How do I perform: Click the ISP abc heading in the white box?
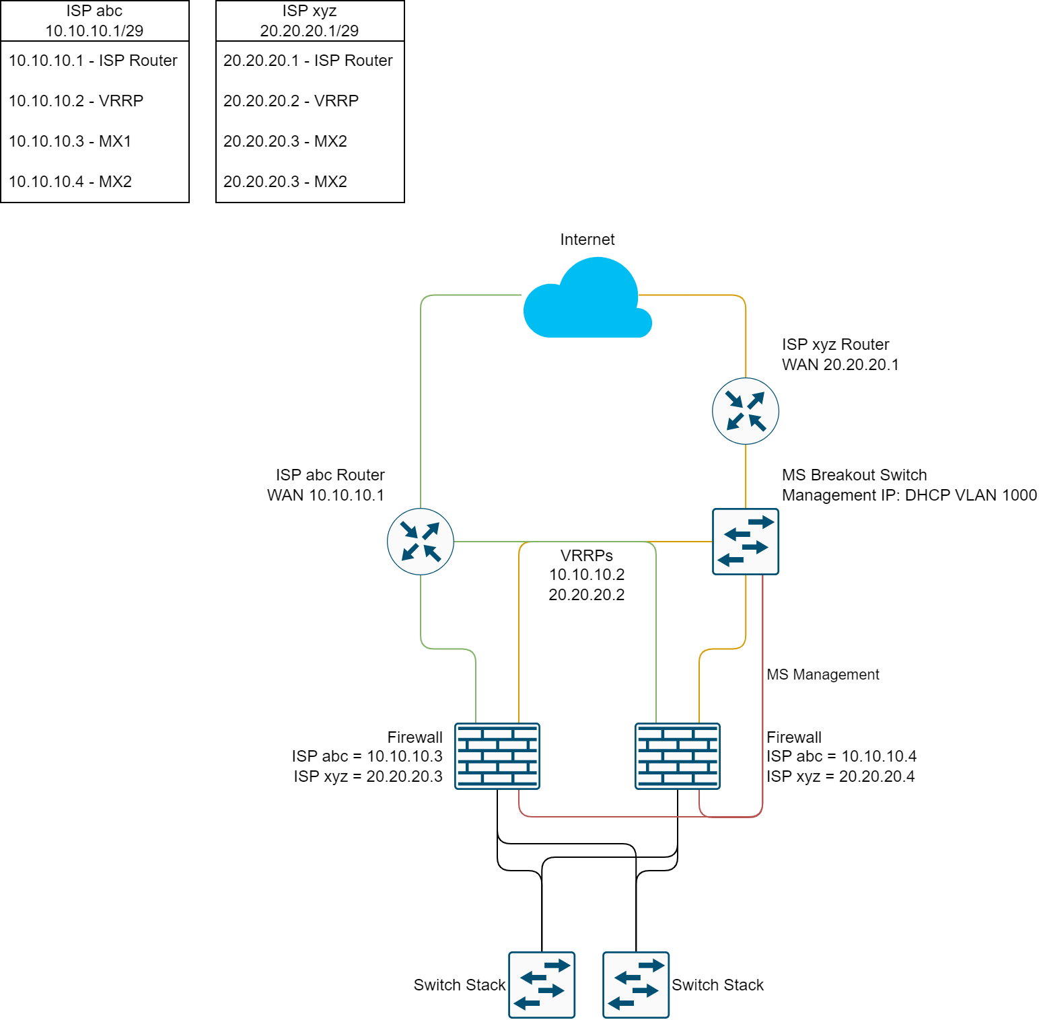(94, 11)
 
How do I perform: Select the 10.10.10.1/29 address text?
(94, 30)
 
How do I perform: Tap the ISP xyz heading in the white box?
(310, 11)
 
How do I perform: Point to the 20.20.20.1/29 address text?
(310, 30)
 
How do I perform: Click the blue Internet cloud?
(587, 303)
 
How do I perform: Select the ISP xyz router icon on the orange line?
(746, 411)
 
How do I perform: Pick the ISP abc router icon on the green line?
(421, 542)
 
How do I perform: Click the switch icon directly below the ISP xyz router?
(746, 542)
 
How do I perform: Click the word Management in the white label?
(836, 674)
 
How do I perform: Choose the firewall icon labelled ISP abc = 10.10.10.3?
(497, 756)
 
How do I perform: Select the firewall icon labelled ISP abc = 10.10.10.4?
(678, 756)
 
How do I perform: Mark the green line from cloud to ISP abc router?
(421, 404)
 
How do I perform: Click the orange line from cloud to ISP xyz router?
(746, 336)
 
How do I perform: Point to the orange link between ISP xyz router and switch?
(746, 476)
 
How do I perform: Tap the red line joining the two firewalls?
(606, 817)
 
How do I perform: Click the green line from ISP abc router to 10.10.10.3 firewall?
(421, 612)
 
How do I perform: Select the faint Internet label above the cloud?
(587, 240)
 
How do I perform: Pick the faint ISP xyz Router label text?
(834, 345)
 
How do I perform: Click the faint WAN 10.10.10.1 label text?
(326, 496)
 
